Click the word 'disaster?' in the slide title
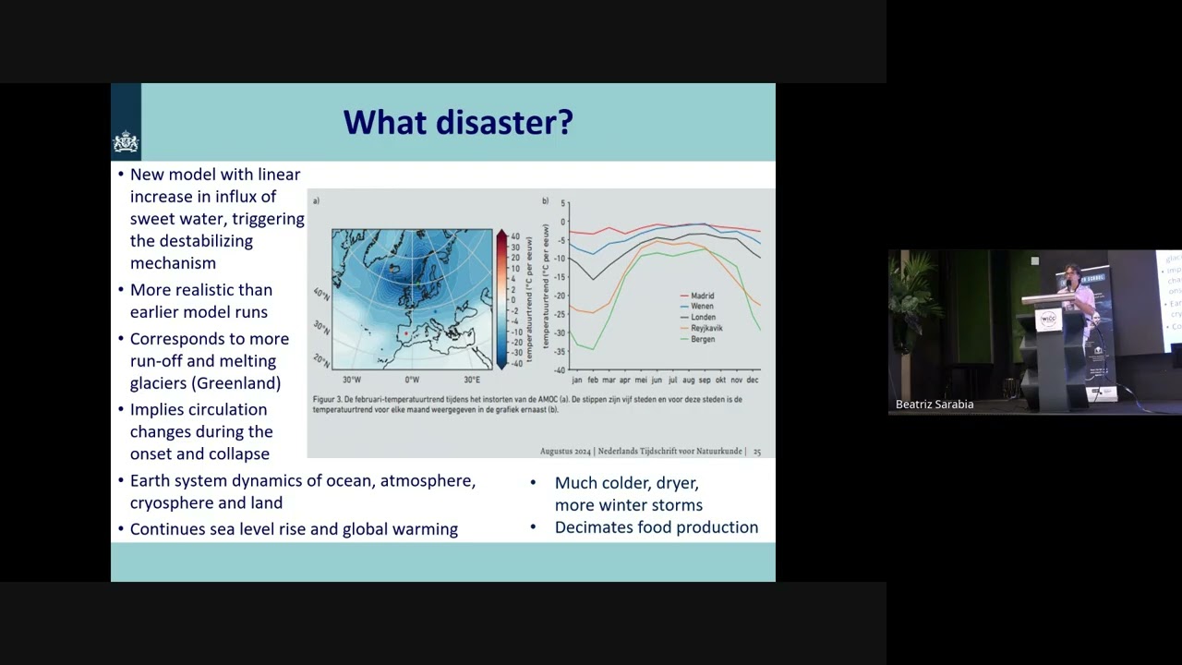pos(513,122)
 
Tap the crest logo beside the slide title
pos(126,142)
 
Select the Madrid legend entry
pos(702,296)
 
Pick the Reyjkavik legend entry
pos(707,328)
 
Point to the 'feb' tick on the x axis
pos(593,380)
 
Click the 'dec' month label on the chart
pos(753,380)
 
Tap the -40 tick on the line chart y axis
pos(560,369)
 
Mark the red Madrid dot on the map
pos(405,333)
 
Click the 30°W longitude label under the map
pos(352,380)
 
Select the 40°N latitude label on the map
pos(320,294)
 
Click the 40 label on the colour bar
pos(515,236)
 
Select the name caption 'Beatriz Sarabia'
pos(935,405)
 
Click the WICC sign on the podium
pos(1048,320)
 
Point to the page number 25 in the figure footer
pos(757,452)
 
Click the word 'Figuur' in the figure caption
pos(324,400)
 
